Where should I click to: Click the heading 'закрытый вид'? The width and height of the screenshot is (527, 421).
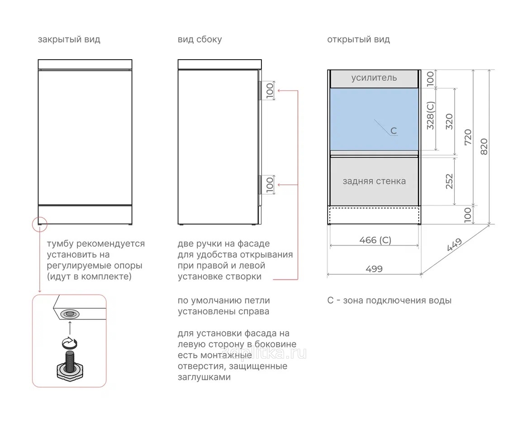tap(69, 40)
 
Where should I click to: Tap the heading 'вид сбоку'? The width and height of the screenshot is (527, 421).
tap(199, 40)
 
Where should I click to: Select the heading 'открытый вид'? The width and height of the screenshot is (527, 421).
tap(358, 40)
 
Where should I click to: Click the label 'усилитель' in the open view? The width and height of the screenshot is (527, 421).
tap(374, 78)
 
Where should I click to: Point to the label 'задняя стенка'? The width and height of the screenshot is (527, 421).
tap(374, 181)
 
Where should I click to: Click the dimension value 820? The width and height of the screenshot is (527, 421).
tap(484, 146)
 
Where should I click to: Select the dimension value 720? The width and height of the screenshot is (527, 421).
tap(468, 137)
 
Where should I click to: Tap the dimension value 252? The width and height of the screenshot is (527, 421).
tap(449, 181)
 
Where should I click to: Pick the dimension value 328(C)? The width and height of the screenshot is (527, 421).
tap(431, 116)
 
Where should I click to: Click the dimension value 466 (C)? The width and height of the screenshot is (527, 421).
tap(375, 240)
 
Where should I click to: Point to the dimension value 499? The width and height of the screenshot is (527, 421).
tap(374, 269)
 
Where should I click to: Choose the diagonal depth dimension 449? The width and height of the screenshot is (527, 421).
tap(455, 245)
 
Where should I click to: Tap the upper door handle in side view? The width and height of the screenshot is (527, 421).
tap(260, 90)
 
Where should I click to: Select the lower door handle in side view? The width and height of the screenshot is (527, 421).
tap(260, 185)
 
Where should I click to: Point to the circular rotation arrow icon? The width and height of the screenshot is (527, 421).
tap(70, 343)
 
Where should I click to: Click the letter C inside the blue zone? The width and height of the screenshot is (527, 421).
tap(394, 131)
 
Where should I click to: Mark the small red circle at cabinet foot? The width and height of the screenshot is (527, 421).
tap(40, 224)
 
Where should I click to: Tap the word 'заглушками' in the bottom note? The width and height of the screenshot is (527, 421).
tap(204, 377)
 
